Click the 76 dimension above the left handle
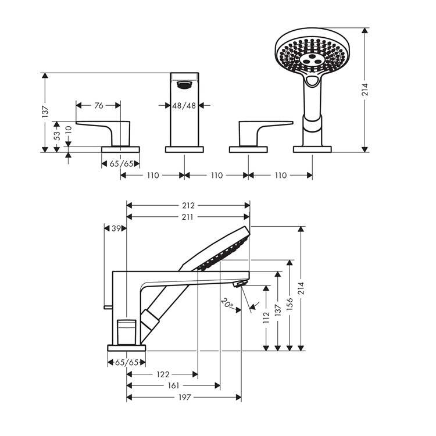[x=99, y=105]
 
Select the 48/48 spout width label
[x=184, y=106]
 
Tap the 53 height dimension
[x=57, y=135]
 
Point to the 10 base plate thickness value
[x=69, y=130]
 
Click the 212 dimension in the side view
[x=188, y=205]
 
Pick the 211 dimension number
[x=187, y=217]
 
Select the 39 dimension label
[x=116, y=228]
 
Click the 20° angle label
[x=227, y=303]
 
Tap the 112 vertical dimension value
[x=266, y=317]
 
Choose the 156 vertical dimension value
[x=290, y=303]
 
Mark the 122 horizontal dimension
[x=163, y=374]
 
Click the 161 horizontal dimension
[x=173, y=385]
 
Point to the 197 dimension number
[x=185, y=398]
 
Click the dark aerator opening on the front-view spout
[x=184, y=85]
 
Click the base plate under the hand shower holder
[x=312, y=149]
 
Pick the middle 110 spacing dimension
[x=217, y=176]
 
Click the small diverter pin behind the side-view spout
[x=108, y=307]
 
